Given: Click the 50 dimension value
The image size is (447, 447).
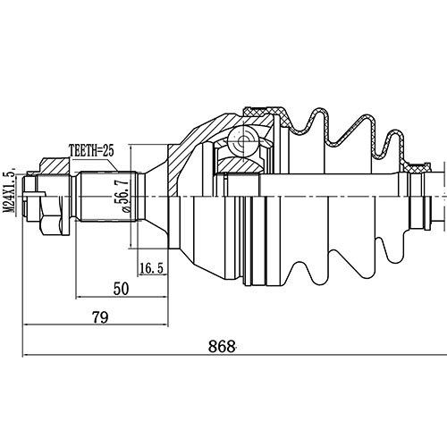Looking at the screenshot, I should coord(120,288).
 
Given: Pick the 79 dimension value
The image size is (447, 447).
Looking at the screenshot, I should coord(100,317).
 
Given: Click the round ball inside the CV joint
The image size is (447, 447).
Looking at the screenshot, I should coord(241,140).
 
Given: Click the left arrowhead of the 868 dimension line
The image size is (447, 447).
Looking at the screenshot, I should coord(27,357).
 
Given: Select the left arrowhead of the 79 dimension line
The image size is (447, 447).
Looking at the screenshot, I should coord(27,328).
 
